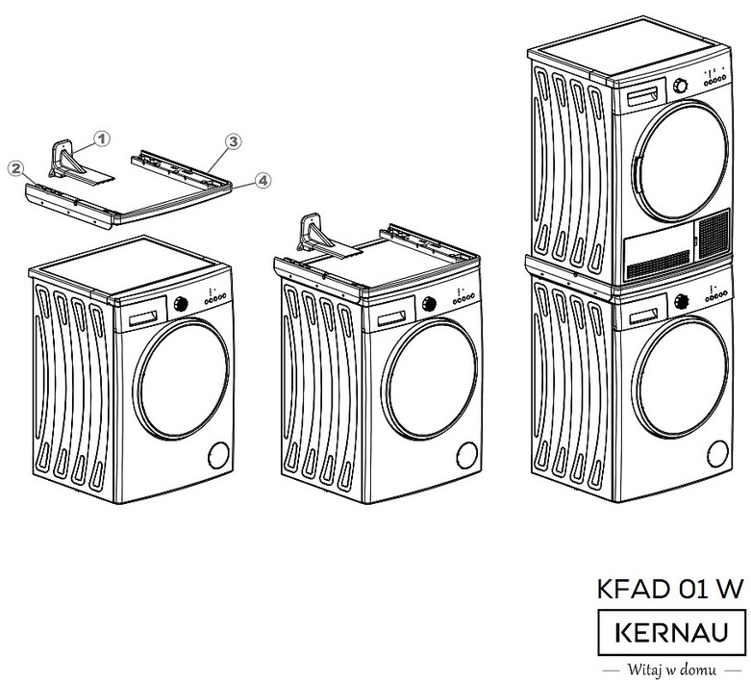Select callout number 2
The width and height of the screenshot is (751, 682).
(x=13, y=167)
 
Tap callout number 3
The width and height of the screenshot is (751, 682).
(x=232, y=141)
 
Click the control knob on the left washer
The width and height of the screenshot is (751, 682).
(x=180, y=304)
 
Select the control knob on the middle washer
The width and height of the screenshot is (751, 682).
(x=425, y=304)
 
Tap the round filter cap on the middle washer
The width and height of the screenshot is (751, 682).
(x=465, y=453)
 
